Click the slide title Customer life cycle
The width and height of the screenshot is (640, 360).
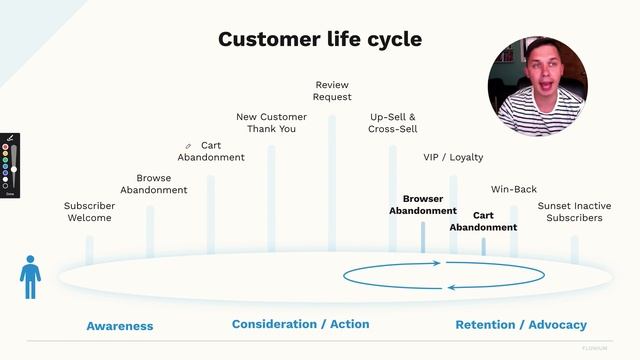319,39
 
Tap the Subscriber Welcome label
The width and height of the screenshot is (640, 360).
89,212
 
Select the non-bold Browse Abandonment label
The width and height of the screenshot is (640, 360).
154,184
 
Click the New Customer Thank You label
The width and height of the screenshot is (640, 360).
271,123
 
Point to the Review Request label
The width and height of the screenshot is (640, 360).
332,91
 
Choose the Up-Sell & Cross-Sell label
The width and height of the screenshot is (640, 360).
393,123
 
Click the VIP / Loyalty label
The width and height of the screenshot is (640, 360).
453,157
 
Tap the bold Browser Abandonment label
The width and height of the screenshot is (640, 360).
423,205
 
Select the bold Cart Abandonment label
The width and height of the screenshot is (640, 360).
483,221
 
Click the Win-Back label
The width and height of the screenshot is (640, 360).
514,189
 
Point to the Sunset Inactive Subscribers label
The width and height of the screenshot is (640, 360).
574,212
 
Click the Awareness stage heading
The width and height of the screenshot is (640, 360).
120,326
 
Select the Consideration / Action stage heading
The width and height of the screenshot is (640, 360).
300,324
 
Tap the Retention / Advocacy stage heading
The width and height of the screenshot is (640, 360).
521,325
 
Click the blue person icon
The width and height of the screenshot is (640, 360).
31,275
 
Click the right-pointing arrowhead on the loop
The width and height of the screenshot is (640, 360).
436,264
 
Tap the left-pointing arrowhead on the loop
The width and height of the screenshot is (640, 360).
452,287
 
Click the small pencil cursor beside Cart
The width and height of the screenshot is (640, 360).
188,147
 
